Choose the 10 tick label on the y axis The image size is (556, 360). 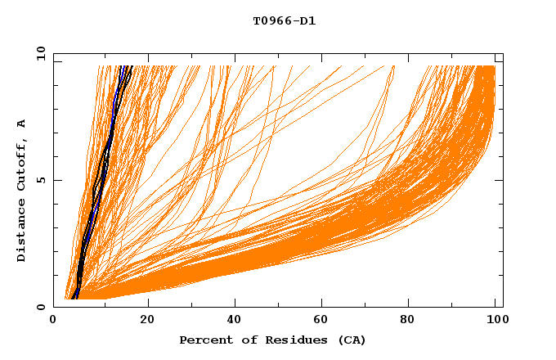click(x=39, y=53)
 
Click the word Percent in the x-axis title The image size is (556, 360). click(x=204, y=340)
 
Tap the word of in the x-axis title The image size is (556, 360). click(x=243, y=340)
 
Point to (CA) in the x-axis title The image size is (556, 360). click(x=348, y=340)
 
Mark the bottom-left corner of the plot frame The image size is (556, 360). click(x=54, y=307)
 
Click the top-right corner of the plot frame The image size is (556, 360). click(x=503, y=53)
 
